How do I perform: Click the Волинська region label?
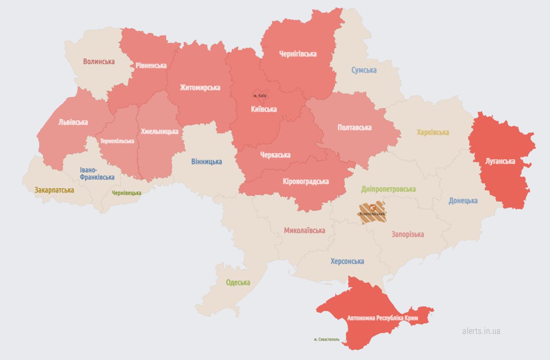pos(99,62)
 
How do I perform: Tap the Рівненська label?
pos(151,65)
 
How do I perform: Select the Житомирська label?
pos(200,88)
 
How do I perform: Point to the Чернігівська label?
pos(298,54)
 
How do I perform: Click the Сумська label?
pos(364,70)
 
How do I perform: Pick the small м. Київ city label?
pos(260,96)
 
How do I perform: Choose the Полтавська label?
pos(355,128)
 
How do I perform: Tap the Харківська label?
pos(433,132)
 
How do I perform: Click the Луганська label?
pos(500,161)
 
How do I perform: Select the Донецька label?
pos(463,201)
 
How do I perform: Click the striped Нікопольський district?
pos(372,213)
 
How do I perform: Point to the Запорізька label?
pos(408,234)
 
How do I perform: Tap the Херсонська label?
pos(347,261)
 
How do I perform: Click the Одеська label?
pos(238,283)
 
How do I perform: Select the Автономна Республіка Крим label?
pos(383,319)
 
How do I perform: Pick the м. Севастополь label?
pos(327,339)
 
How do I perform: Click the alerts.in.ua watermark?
pos(481,331)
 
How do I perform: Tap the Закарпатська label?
pos(54,190)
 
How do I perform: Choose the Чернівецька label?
pos(127,193)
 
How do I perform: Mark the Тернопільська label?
pos(117,141)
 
